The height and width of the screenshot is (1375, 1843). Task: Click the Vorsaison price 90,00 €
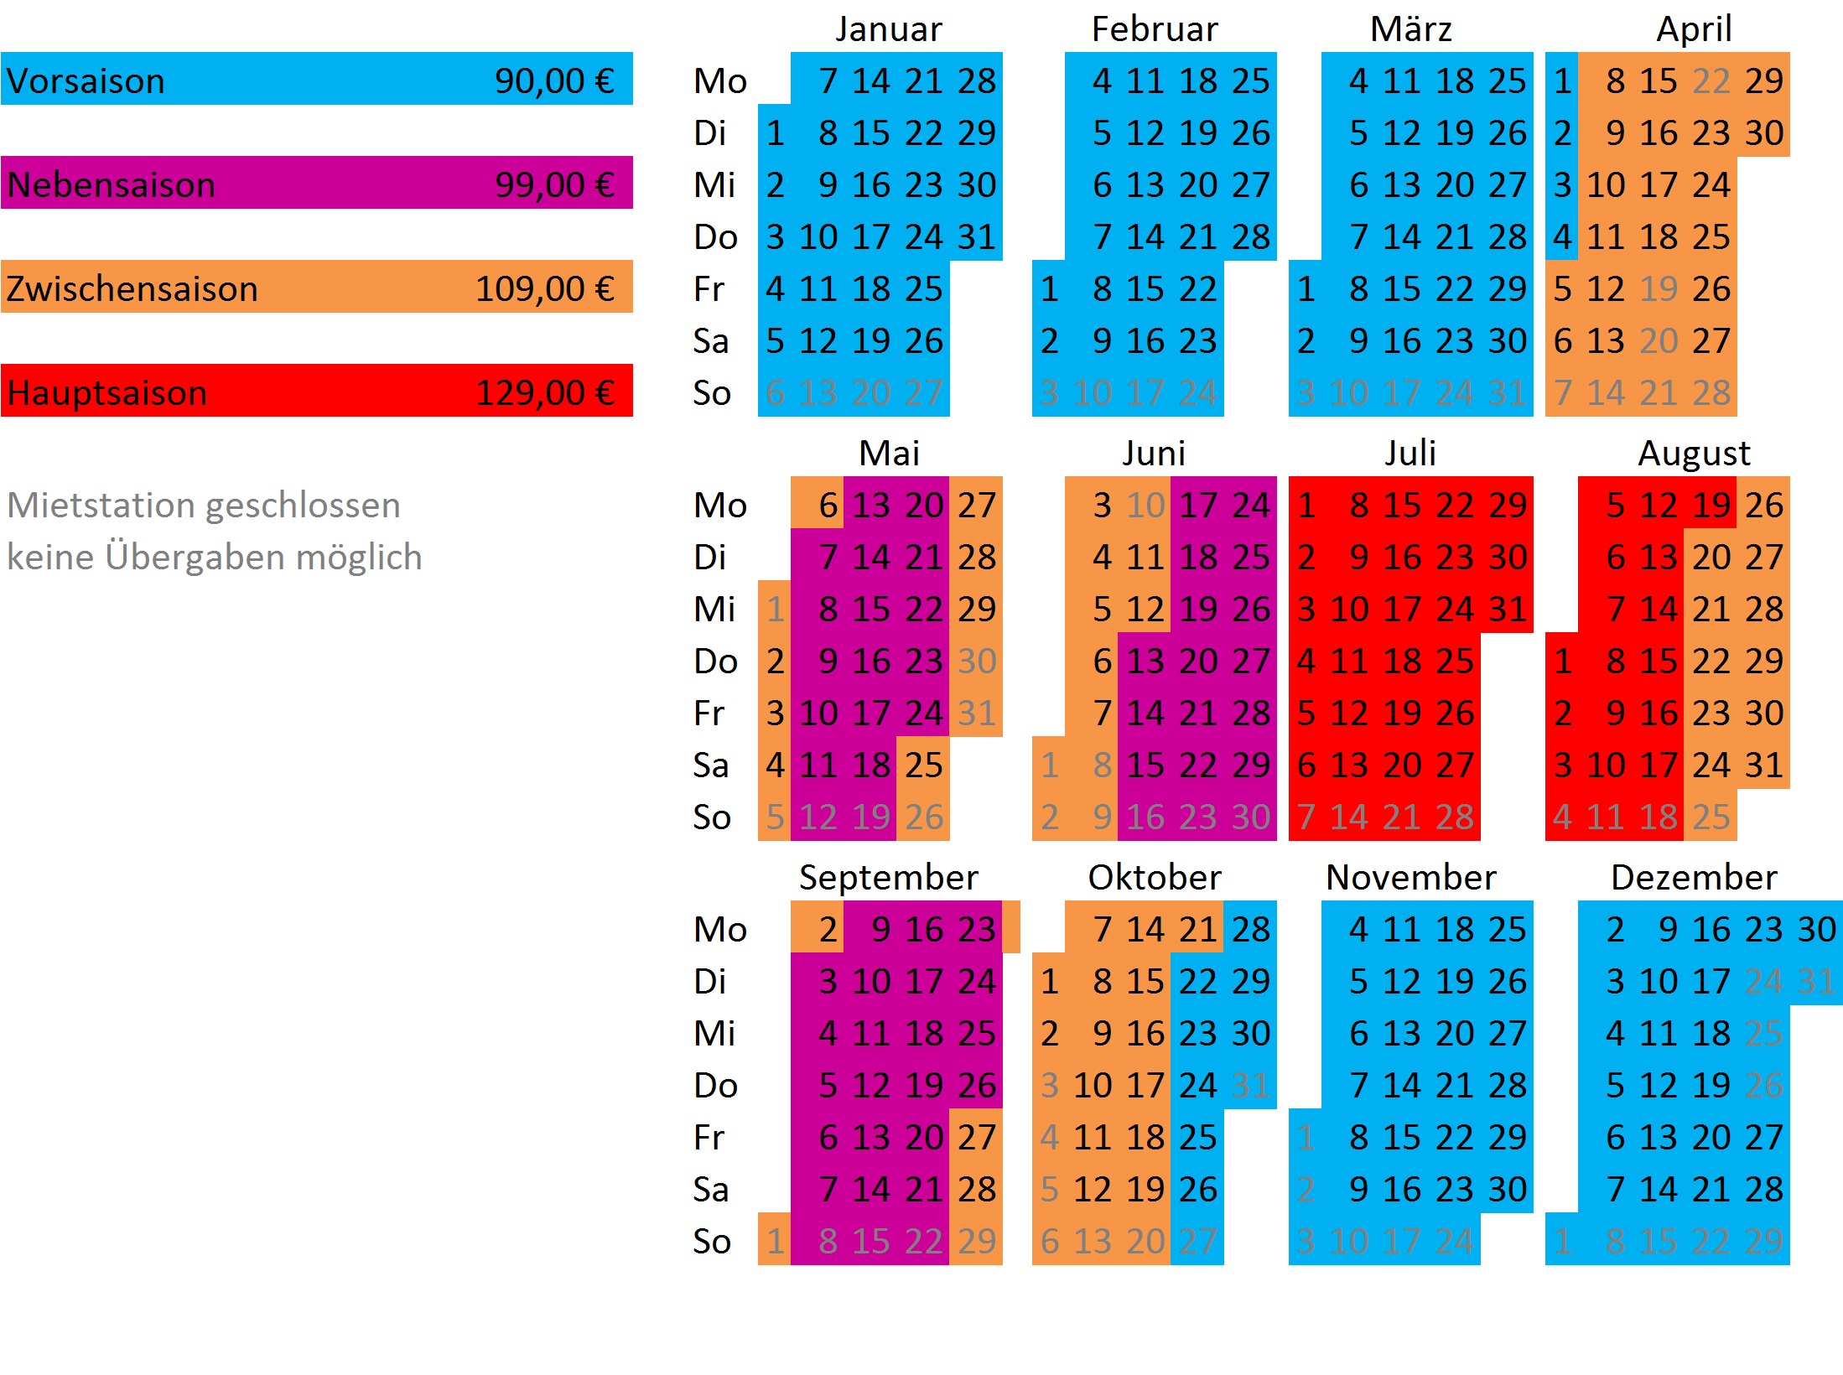[x=554, y=81]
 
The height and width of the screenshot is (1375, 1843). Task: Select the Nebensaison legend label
[x=112, y=185]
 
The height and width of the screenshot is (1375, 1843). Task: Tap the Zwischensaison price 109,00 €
[x=544, y=289]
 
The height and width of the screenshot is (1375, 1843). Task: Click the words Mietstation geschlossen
[x=204, y=506]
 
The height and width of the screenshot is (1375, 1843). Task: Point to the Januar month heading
[x=889, y=29]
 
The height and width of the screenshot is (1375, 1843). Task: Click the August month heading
[x=1694, y=454]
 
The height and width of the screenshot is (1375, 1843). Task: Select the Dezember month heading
[x=1694, y=878]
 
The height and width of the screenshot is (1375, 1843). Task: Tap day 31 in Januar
[x=977, y=237]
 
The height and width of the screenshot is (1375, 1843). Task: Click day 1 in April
[x=1562, y=81]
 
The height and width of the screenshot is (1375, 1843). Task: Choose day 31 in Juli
[x=1508, y=610]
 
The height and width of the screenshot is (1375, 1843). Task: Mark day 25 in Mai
[x=923, y=765]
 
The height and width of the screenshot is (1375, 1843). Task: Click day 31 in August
[x=1764, y=765]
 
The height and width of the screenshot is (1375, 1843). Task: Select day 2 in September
[x=828, y=930]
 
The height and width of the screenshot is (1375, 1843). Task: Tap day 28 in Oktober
[x=1250, y=930]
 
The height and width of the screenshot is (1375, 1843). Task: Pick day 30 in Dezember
[x=1816, y=930]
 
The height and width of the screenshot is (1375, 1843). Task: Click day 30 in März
[x=1508, y=341]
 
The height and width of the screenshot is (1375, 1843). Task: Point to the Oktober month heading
[x=1155, y=878]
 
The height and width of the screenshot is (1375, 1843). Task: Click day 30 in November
[x=1508, y=1190]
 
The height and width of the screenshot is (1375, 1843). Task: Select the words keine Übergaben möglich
[x=215, y=558]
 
